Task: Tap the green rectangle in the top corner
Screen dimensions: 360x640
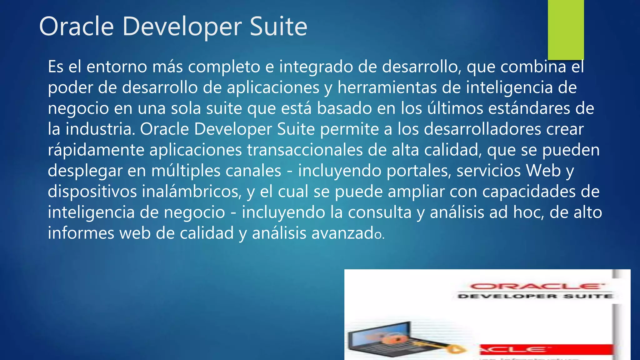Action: pyautogui.click(x=566, y=30)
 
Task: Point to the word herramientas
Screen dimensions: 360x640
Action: pyautogui.click(x=387, y=87)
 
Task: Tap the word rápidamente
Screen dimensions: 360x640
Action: pyautogui.click(x=96, y=150)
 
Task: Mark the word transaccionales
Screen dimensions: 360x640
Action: pyautogui.click(x=305, y=150)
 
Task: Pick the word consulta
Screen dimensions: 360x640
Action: pyautogui.click(x=380, y=212)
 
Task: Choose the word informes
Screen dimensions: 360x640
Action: pyautogui.click(x=81, y=233)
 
